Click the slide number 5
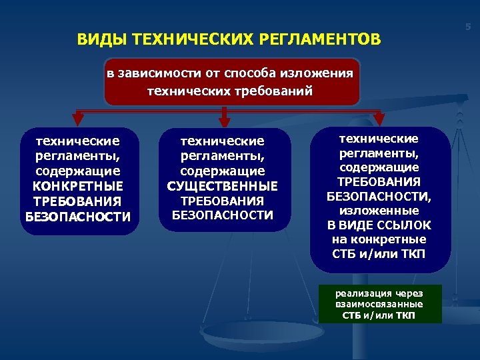(x=468, y=27)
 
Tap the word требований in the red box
(x=273, y=91)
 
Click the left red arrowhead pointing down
(x=78, y=119)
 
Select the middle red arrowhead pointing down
(x=225, y=120)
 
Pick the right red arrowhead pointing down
(x=379, y=119)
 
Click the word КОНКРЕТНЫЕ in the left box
(x=78, y=185)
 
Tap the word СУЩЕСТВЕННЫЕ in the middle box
(x=223, y=186)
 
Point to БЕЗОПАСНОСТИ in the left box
(x=78, y=216)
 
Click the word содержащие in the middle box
(x=223, y=171)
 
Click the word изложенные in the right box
(x=379, y=211)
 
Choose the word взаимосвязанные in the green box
(x=379, y=304)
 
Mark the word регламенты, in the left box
(x=78, y=156)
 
